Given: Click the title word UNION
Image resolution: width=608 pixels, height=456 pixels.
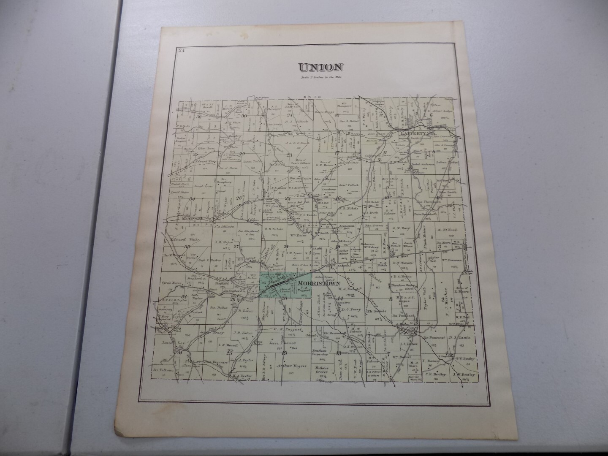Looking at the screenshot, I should click(x=320, y=67).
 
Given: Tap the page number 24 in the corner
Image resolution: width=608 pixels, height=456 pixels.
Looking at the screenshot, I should click(x=182, y=51).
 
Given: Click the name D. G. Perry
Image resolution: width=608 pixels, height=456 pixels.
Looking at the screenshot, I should click(x=350, y=309).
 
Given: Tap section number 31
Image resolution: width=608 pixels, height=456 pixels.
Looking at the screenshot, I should click(x=180, y=352).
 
